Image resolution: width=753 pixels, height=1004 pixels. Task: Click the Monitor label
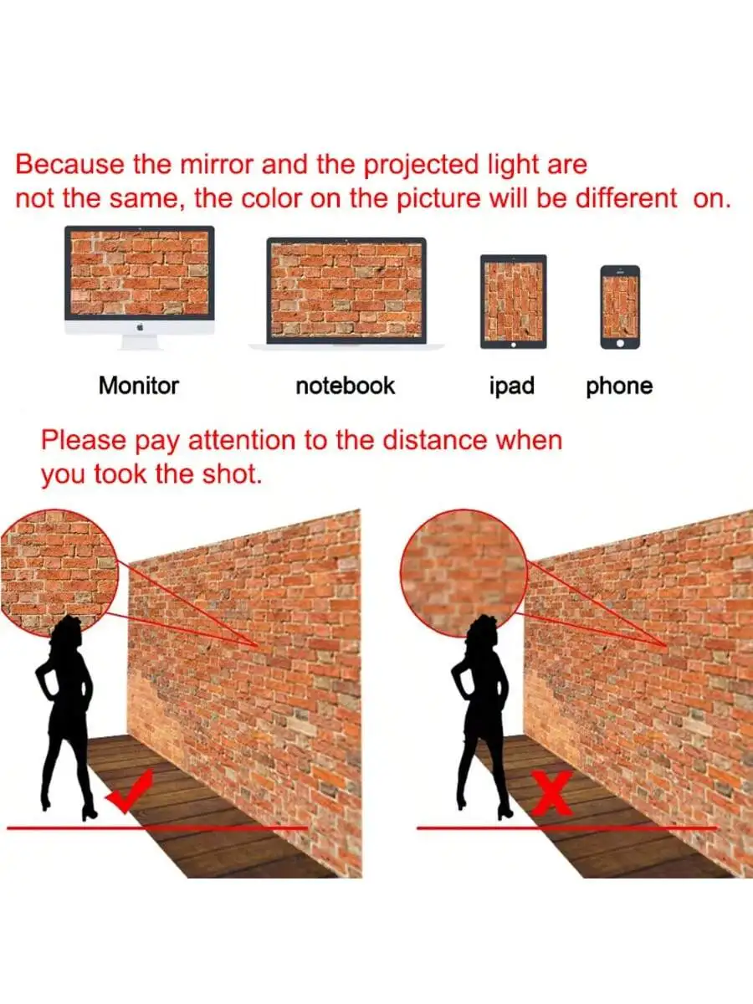click(x=139, y=386)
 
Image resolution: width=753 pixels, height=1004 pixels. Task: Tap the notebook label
click(x=346, y=386)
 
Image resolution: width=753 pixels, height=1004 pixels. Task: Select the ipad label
click(x=511, y=387)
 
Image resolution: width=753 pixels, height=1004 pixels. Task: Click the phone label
click(x=619, y=387)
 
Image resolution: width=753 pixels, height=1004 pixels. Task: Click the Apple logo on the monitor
click(x=141, y=326)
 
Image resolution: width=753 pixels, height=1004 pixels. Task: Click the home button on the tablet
click(x=514, y=345)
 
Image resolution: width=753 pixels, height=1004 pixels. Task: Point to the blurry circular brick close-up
click(x=464, y=573)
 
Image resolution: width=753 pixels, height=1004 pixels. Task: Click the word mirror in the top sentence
click(x=217, y=165)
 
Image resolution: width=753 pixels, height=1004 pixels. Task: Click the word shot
click(x=233, y=474)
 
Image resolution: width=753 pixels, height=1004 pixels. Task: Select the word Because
click(x=70, y=165)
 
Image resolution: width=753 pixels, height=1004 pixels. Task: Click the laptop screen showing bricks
click(x=346, y=290)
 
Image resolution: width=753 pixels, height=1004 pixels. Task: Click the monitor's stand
click(x=141, y=341)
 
